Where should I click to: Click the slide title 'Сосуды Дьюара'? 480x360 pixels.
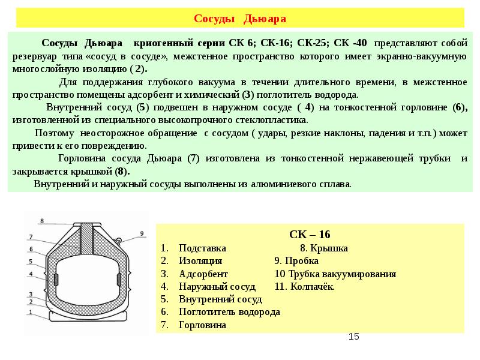(240, 19)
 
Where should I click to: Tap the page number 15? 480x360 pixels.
(353, 337)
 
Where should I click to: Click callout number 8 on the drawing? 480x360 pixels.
(41, 221)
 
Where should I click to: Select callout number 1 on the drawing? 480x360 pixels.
(30, 312)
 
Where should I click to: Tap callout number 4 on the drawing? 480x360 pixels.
(30, 274)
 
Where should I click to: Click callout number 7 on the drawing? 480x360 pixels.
(30, 236)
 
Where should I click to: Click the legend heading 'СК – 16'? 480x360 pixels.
(310, 234)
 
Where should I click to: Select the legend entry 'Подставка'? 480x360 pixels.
(202, 248)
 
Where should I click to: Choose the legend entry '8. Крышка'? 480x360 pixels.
(323, 248)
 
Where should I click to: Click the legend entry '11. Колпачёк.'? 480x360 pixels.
(304, 286)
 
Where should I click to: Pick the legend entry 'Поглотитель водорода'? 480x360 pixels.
(229, 312)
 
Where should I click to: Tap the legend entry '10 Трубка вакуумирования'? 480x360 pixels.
(335, 274)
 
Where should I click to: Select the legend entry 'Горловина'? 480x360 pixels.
(202, 325)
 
